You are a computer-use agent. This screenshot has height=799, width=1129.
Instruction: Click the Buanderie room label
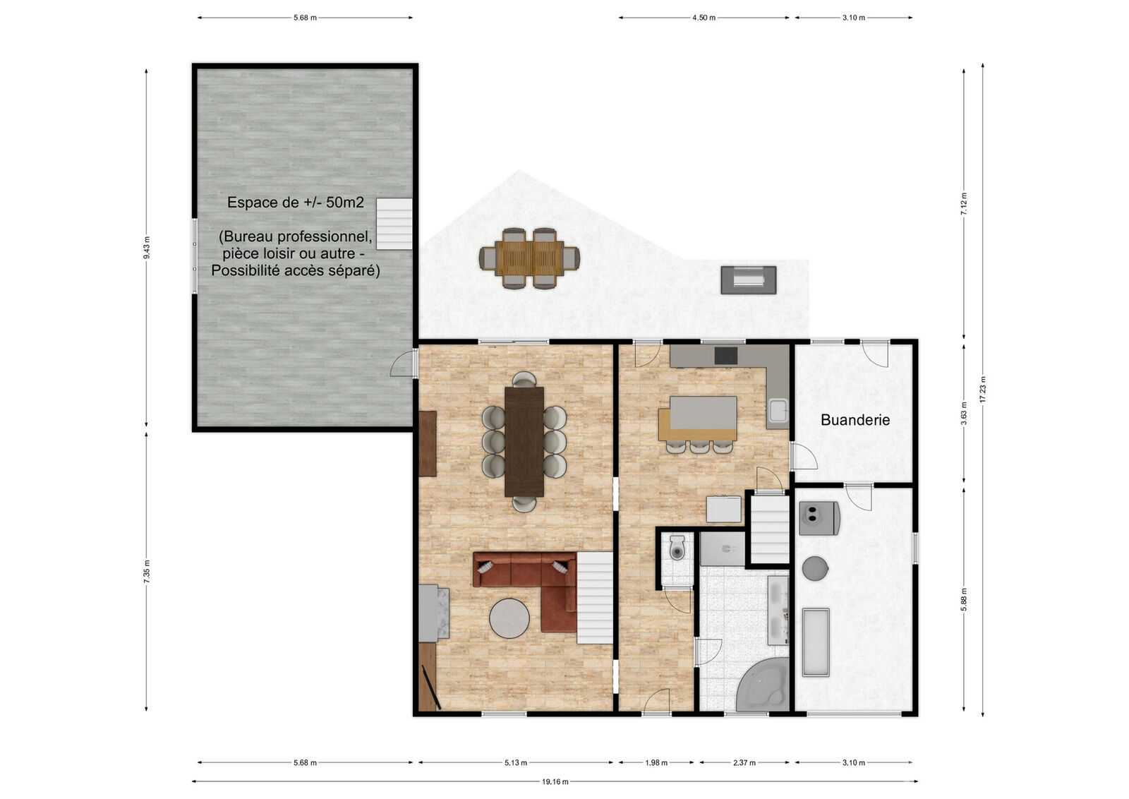[855, 420]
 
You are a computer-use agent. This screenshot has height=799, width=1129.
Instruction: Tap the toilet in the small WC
[677, 548]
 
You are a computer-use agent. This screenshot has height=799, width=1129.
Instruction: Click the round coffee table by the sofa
[509, 618]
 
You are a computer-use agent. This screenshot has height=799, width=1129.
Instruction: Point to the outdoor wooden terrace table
[529, 258]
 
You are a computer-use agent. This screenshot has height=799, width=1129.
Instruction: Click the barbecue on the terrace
[748, 280]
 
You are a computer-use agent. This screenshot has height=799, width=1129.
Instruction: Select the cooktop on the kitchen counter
[725, 356]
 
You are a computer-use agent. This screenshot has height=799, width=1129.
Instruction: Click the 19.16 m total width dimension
[555, 781]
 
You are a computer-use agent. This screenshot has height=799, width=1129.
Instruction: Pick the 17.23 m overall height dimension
[982, 390]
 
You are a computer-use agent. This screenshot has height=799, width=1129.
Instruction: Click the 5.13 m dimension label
[516, 762]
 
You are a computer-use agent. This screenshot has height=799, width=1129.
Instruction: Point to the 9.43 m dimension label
[147, 248]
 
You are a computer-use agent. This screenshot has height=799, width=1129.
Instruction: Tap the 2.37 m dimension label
[744, 762]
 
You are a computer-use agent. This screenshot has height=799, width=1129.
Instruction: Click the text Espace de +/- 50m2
[296, 203]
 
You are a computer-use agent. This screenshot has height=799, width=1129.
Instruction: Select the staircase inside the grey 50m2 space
[394, 224]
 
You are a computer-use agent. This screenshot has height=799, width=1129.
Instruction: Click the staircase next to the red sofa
[595, 598]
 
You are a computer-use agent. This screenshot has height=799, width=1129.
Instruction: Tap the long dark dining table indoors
[524, 441]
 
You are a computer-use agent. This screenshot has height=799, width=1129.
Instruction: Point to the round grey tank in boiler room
[815, 568]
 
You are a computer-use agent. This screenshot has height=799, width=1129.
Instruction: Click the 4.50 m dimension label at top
[704, 18]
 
